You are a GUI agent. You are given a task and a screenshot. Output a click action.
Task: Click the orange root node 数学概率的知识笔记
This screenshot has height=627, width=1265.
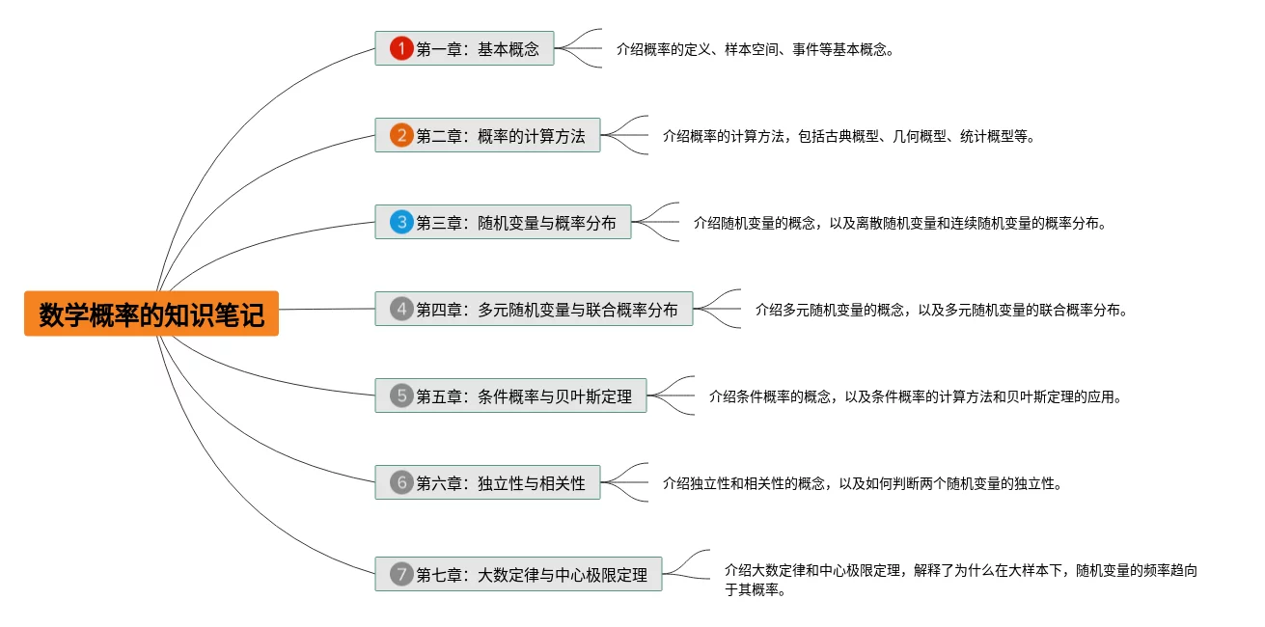[151, 313]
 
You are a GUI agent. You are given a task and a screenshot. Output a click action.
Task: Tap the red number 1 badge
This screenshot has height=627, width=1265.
[401, 48]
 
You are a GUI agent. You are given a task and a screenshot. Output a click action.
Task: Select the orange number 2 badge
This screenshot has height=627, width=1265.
[401, 136]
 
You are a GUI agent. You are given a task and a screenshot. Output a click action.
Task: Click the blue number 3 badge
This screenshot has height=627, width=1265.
[401, 223]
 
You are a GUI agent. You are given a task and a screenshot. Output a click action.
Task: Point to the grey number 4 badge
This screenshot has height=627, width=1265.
[401, 310]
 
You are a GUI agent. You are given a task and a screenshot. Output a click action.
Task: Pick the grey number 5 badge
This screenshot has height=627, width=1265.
[401, 395]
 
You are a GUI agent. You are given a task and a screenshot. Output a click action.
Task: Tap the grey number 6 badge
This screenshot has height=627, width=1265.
[401, 482]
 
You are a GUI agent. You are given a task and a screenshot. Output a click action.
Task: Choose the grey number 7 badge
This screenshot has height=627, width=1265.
[401, 574]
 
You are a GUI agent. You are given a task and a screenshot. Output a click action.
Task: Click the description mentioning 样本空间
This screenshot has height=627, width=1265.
[755, 49]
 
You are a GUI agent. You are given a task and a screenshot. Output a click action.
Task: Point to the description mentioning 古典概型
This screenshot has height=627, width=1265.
[848, 136]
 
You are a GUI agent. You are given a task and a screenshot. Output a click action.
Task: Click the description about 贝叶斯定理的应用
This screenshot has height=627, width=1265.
[915, 395]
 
